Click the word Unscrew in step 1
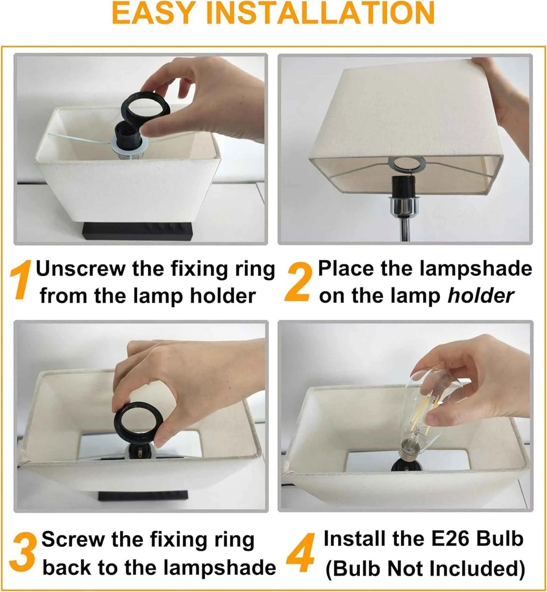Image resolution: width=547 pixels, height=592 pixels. pyautogui.click(x=81, y=269)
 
